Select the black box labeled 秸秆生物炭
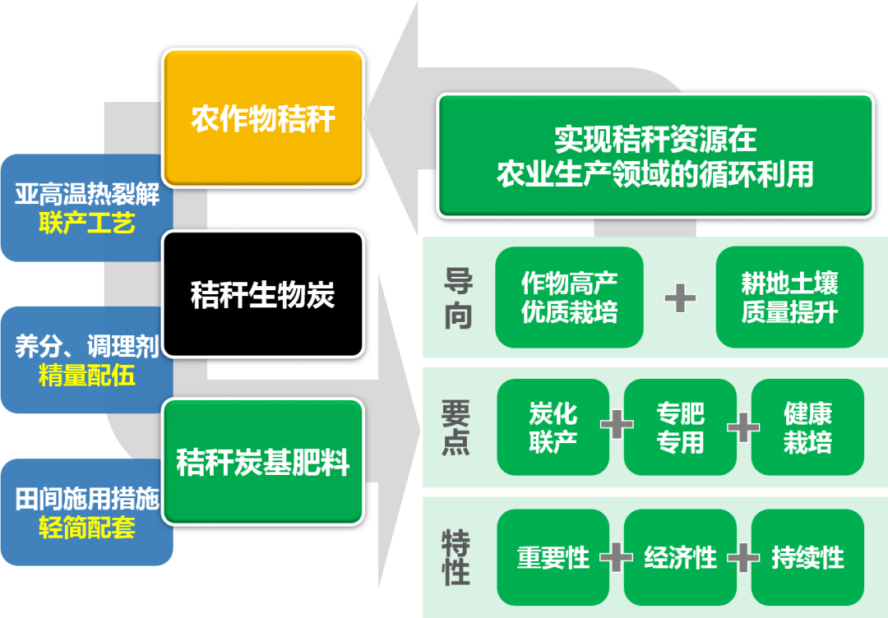(x=263, y=294)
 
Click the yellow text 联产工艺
(x=86, y=223)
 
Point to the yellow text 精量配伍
(x=86, y=376)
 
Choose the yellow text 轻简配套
(x=86, y=528)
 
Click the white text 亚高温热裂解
(x=86, y=196)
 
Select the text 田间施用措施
(x=86, y=500)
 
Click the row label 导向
(x=457, y=297)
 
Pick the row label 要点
(x=456, y=427)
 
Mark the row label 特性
(x=456, y=557)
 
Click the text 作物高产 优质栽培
(x=569, y=297)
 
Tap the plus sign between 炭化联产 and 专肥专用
(x=617, y=426)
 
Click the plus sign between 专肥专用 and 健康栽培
(x=743, y=427)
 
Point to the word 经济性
(x=680, y=558)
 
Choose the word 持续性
(x=807, y=558)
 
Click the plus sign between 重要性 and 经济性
(x=616, y=558)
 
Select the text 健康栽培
(x=807, y=427)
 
